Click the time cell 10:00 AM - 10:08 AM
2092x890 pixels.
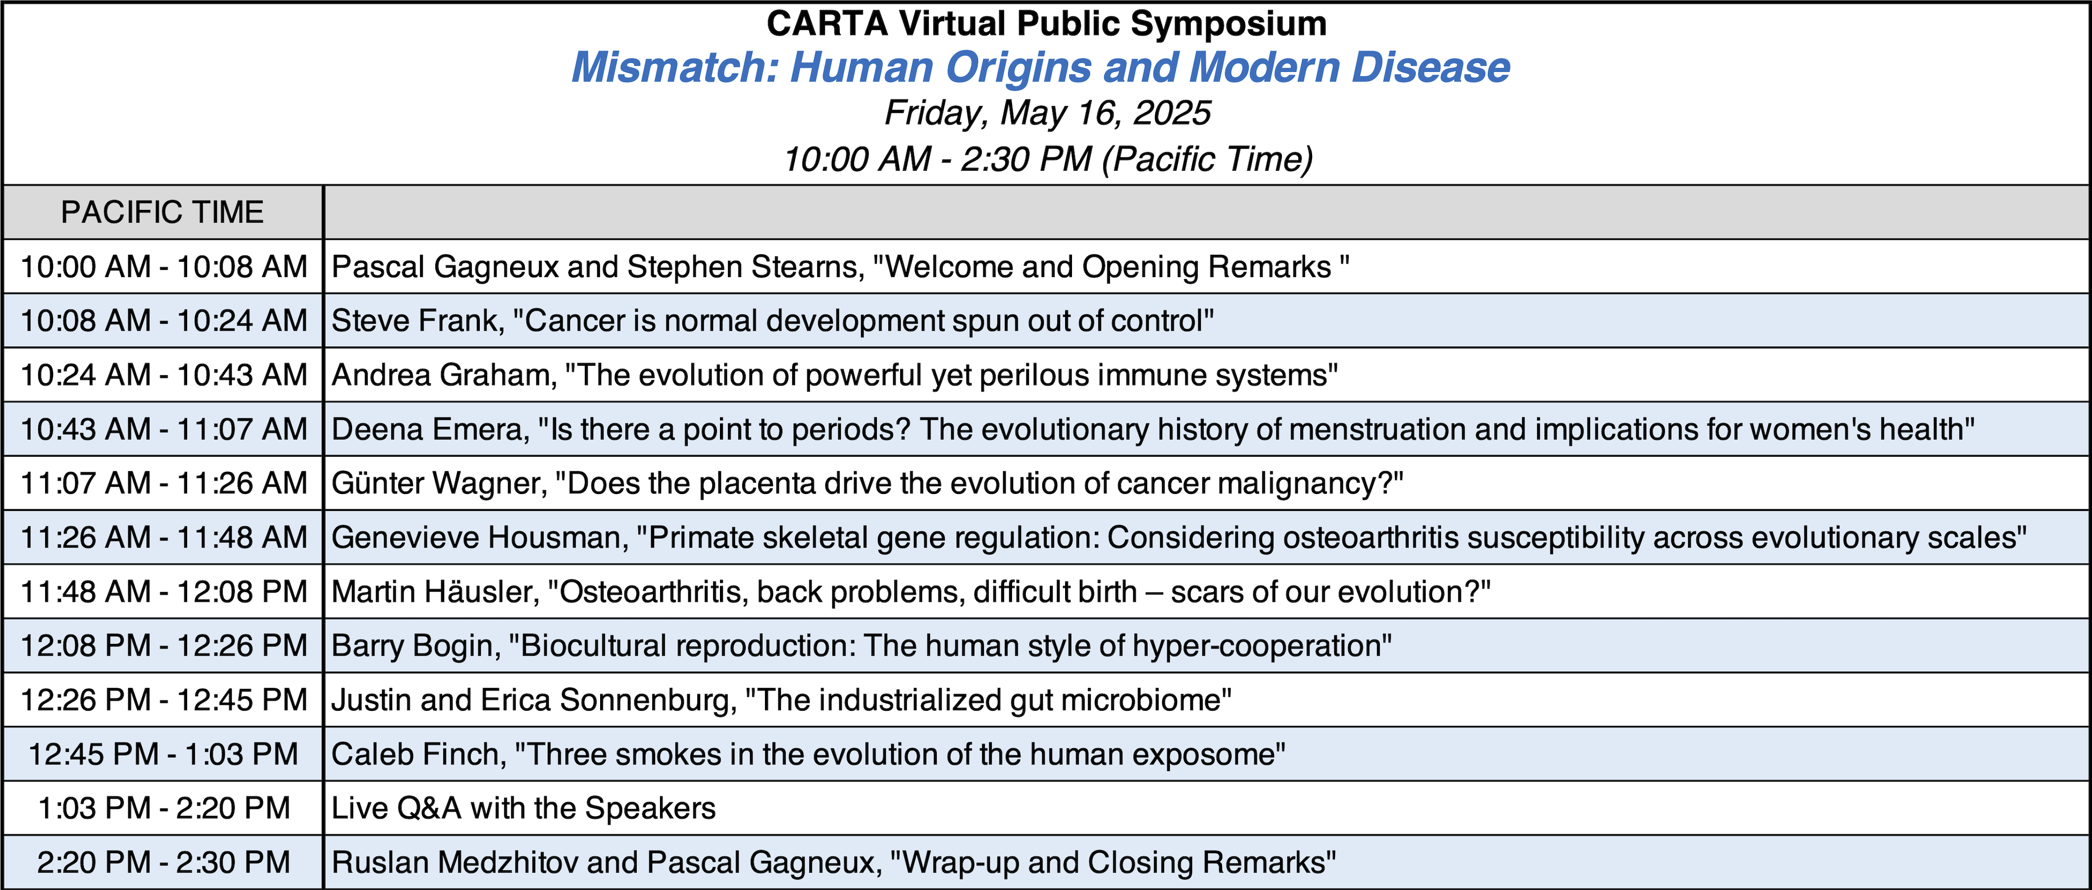(x=163, y=266)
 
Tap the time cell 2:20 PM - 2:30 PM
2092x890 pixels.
(x=163, y=862)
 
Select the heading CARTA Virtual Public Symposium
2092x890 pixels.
(x=1047, y=24)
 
